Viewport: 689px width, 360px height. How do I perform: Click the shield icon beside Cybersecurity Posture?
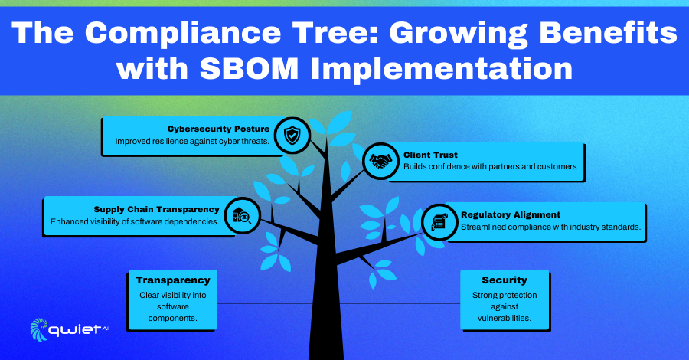click(292, 136)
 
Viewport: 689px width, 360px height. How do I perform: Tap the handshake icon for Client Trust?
click(380, 161)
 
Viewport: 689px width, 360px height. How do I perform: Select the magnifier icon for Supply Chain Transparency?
click(242, 216)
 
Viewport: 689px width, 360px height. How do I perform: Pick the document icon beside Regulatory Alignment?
click(439, 221)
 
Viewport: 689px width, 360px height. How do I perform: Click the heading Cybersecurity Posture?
click(218, 129)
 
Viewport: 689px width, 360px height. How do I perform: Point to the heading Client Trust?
click(430, 155)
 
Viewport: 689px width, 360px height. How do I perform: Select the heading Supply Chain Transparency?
click(156, 209)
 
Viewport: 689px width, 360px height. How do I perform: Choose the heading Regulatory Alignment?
click(510, 215)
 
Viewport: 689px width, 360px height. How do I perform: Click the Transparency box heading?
click(173, 280)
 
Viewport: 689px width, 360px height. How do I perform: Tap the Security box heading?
click(504, 280)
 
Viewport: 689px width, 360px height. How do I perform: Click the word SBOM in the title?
click(249, 68)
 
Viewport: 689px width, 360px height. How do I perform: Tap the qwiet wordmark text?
click(75, 330)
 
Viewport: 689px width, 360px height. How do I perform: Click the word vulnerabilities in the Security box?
click(504, 318)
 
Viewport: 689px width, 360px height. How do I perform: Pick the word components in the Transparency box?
click(173, 318)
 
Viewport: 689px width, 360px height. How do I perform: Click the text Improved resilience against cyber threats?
click(192, 142)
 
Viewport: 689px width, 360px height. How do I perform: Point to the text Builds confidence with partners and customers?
click(490, 166)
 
